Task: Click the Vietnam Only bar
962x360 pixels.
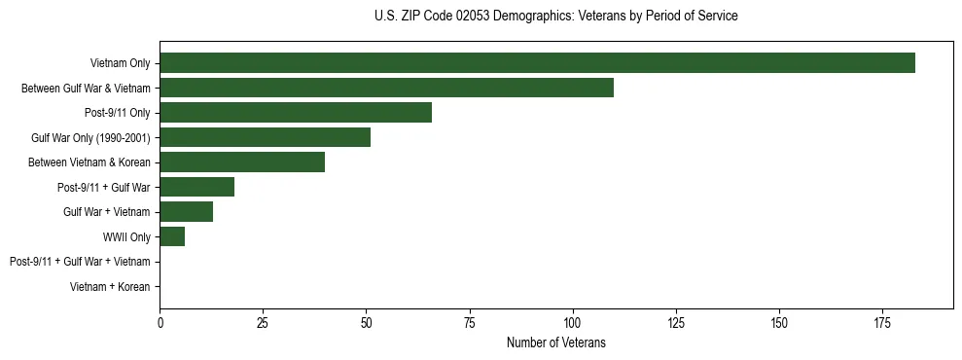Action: [537, 63]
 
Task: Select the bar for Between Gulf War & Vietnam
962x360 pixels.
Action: [386, 88]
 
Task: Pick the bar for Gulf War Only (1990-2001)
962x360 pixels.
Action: [265, 137]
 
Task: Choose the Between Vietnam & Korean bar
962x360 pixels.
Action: [242, 162]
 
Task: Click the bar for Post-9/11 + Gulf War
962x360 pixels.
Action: [196, 187]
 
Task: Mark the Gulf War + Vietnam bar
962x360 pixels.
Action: [186, 212]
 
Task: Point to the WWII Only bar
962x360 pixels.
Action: [172, 236]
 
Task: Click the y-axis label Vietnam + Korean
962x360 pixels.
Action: [110, 287]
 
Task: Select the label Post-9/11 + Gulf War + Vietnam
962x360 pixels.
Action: [80, 262]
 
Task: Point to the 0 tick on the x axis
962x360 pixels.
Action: [160, 323]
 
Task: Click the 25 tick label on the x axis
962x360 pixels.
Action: [263, 323]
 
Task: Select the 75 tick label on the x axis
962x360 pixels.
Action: [469, 323]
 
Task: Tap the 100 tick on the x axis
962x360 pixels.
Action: [572, 323]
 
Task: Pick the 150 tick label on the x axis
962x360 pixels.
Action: [778, 323]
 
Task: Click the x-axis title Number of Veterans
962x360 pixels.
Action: [555, 342]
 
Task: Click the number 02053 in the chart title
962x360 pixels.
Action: [472, 17]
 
